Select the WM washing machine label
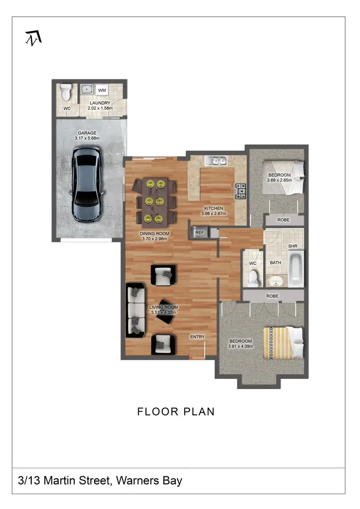click(x=102, y=90)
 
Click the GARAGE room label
click(x=87, y=133)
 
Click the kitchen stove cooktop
click(x=240, y=191)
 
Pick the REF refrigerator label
click(x=199, y=233)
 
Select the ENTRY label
click(x=197, y=337)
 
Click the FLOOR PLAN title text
click(x=176, y=412)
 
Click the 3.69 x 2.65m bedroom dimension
click(x=279, y=180)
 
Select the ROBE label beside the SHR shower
click(x=284, y=220)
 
